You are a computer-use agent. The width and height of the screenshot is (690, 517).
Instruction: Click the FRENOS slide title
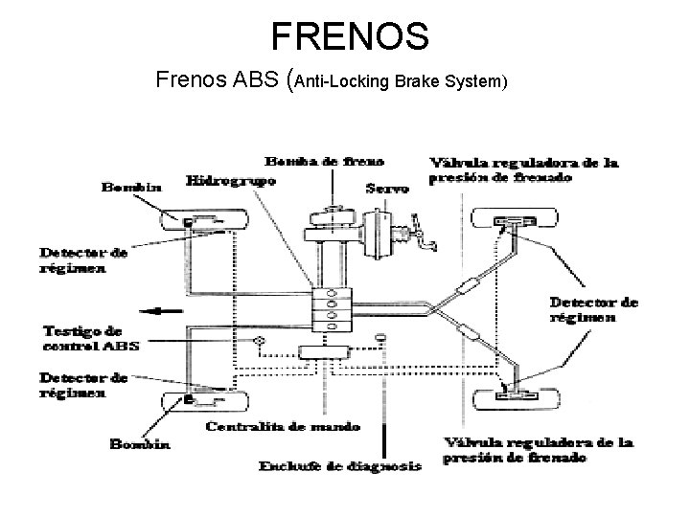point(350,35)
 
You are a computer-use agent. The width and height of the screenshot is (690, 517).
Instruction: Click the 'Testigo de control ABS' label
point(90,337)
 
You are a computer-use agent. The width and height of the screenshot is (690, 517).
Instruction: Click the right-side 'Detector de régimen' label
point(592,308)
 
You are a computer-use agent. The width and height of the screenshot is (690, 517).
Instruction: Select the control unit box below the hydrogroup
point(327,351)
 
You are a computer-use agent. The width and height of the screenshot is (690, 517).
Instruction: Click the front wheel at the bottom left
point(203,400)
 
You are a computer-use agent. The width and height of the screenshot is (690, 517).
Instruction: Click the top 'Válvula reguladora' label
point(523,169)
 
